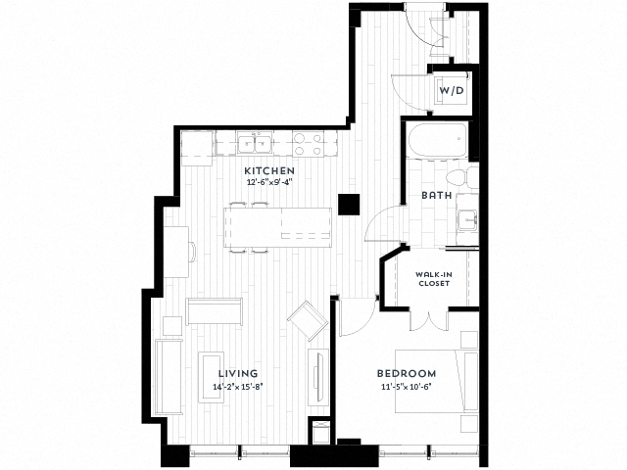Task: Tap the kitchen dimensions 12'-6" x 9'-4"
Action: (x=269, y=182)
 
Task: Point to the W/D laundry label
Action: (x=451, y=90)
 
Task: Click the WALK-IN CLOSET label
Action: (x=433, y=279)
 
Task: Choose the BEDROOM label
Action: (x=407, y=374)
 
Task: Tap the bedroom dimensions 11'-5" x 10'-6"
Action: (x=407, y=386)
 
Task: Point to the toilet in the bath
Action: (x=457, y=177)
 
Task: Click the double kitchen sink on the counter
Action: (x=257, y=146)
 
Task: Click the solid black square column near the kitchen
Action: (x=347, y=204)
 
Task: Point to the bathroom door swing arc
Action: (x=376, y=227)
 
